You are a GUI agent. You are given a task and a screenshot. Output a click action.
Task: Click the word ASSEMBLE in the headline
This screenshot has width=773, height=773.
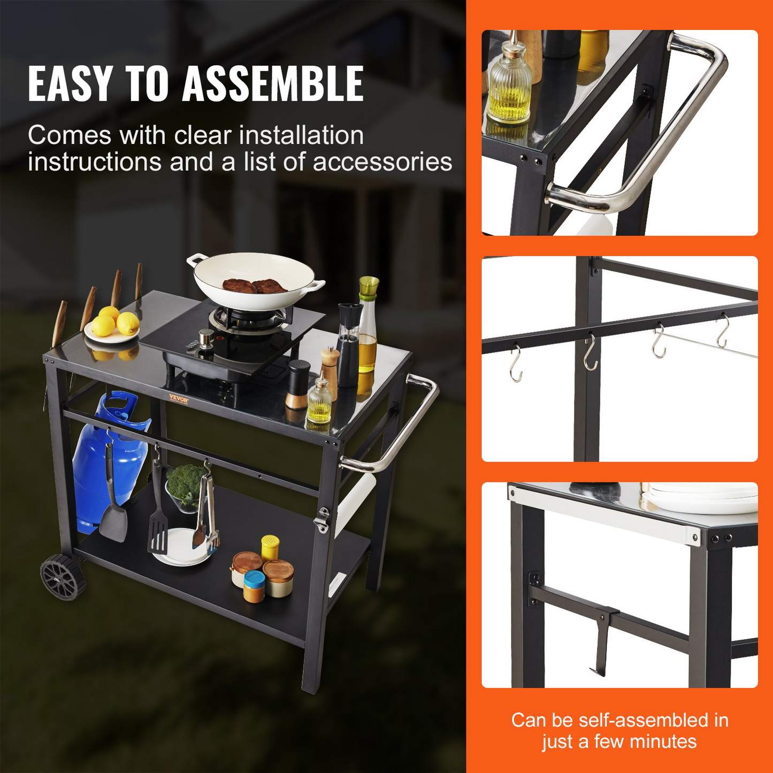tap(273, 84)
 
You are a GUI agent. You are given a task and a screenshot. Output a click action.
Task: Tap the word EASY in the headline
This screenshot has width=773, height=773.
tap(70, 84)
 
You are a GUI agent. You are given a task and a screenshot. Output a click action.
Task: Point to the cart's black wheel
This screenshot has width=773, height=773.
tap(63, 577)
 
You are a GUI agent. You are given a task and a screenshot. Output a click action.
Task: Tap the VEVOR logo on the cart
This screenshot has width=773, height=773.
tap(179, 398)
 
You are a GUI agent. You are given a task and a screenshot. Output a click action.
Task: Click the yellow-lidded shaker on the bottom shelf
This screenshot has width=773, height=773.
tap(270, 547)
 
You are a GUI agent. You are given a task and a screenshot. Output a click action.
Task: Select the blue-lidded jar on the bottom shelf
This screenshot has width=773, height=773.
tap(254, 586)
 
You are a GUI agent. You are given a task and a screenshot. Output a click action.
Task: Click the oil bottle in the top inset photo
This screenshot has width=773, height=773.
tap(510, 86)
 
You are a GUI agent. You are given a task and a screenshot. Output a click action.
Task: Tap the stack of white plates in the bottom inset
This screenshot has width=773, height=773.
tap(701, 498)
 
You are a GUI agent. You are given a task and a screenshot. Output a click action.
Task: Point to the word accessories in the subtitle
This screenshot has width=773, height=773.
tap(382, 162)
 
